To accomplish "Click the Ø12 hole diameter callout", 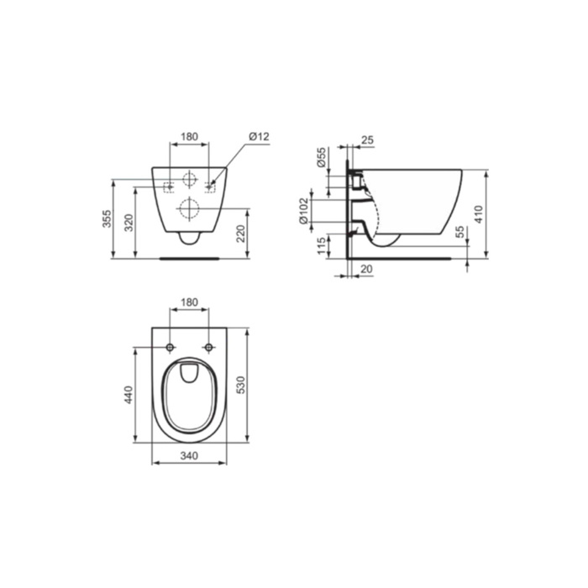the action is coord(259,136).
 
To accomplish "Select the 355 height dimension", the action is coord(107,218).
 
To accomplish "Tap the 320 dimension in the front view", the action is coord(129,223).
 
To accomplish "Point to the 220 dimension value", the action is coord(240,234).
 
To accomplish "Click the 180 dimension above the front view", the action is coord(189,136).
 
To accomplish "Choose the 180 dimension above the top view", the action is coord(189,302).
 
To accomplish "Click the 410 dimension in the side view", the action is coord(479,214).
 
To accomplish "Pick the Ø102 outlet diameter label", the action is coord(303,211).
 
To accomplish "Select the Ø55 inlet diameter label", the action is coord(321,157).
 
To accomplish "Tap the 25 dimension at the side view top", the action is coord(368,140).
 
